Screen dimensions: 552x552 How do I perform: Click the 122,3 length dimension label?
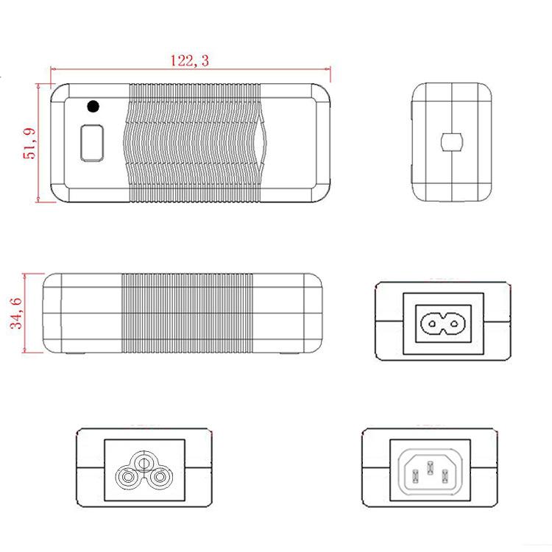189,60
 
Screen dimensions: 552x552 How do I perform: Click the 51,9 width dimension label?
29,144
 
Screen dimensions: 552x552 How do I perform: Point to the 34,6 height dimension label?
16,314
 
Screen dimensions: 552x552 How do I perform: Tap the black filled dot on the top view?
93,106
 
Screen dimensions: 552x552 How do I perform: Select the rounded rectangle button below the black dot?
92,143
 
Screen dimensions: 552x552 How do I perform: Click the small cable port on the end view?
451,142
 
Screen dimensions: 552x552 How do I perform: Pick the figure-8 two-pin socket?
443,323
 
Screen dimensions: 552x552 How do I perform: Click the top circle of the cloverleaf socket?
144,463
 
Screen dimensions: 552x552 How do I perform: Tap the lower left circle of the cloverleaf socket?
127,478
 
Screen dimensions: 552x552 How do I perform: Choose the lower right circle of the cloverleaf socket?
160,478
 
